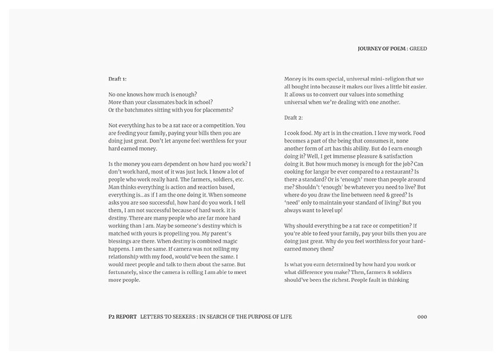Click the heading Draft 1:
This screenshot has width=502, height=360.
click(x=117, y=79)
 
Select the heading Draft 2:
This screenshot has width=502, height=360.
click(x=294, y=117)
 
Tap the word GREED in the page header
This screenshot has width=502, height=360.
click(x=419, y=48)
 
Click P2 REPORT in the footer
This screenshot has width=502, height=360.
click(x=119, y=316)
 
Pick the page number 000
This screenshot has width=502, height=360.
click(x=422, y=316)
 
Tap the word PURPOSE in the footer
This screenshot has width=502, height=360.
click(x=256, y=316)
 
